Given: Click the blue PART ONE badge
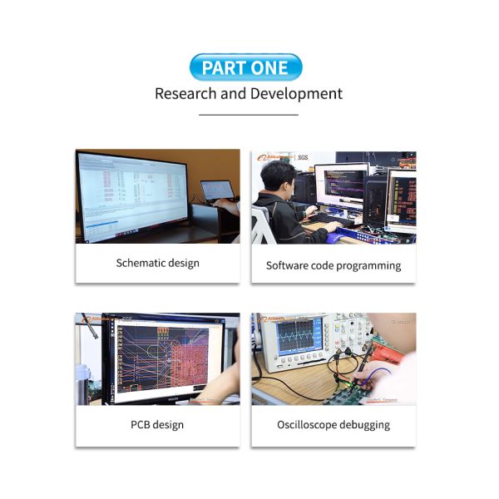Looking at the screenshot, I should (x=245, y=67).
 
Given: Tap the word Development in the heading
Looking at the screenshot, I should (x=296, y=93).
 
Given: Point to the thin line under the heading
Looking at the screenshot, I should (x=249, y=115).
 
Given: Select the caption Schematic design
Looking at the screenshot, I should (x=158, y=263).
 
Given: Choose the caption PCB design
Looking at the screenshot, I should (x=157, y=425).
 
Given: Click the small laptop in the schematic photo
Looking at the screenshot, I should (x=217, y=192).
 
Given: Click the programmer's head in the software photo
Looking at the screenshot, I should (x=278, y=177).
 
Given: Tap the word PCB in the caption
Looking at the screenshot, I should (x=141, y=425).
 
